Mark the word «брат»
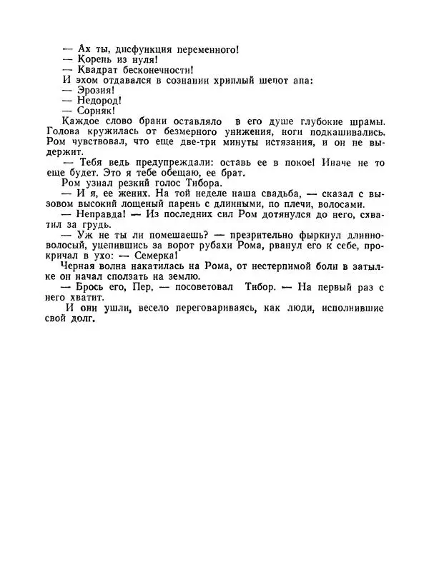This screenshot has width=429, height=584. (x=232, y=173)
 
